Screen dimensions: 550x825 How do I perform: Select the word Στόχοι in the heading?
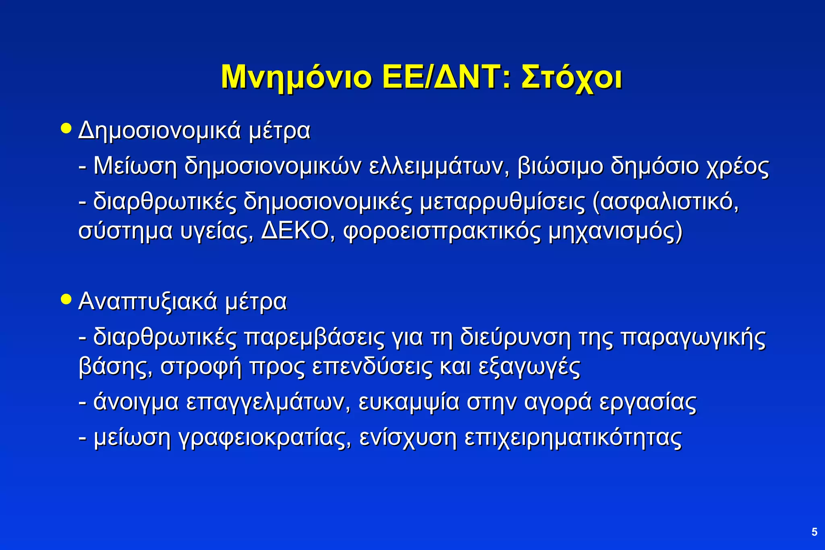571,77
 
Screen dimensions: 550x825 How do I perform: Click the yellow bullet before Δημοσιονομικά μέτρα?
66,129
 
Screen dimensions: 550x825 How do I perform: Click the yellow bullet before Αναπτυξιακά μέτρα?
66,300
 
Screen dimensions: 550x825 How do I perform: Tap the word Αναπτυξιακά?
148,302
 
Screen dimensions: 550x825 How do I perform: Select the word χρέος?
738,166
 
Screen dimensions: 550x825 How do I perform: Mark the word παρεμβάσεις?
314,337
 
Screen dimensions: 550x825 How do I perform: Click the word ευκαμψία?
408,402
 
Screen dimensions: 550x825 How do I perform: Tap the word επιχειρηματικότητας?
573,438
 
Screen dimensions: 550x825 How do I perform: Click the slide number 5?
814,532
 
